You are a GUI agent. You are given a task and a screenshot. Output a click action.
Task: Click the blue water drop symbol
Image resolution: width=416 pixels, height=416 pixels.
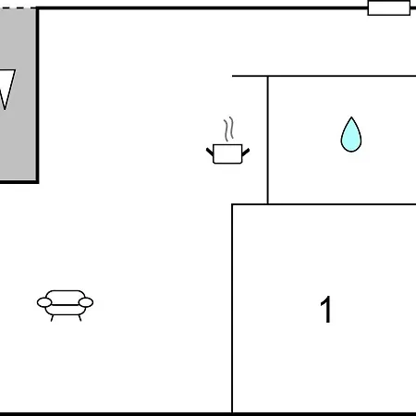[351, 135]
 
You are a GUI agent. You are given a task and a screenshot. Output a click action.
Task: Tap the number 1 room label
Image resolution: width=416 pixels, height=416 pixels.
[326, 309]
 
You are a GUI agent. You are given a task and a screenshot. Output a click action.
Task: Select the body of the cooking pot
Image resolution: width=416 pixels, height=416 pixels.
[227, 153]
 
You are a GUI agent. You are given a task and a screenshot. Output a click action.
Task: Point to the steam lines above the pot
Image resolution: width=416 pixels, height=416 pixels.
[229, 129]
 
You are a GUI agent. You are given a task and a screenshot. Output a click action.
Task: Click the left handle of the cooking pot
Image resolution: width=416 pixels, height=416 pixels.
[210, 152]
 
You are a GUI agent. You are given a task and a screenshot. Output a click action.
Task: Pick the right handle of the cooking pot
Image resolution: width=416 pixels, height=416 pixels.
[246, 152]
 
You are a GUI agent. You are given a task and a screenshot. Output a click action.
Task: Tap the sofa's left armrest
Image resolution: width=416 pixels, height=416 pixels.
[44, 302]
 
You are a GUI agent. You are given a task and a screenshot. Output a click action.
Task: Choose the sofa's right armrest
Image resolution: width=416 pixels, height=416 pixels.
[86, 302]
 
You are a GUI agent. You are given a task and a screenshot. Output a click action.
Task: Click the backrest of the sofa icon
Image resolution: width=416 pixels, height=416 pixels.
[66, 295]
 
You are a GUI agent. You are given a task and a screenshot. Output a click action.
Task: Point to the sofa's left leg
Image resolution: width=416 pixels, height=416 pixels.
[53, 318]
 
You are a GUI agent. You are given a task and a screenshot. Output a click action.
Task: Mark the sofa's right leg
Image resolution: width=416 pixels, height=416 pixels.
[80, 318]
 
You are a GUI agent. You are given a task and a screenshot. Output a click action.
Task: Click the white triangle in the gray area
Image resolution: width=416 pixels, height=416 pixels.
[6, 85]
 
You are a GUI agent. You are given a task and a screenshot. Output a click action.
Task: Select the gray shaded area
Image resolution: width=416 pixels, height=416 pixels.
[18, 94]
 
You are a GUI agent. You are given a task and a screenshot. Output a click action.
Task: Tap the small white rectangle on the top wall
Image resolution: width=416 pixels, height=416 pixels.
[389, 7]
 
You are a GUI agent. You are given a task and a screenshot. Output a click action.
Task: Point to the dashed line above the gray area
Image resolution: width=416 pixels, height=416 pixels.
[18, 7]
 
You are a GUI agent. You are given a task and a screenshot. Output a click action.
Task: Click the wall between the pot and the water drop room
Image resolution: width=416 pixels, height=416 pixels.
[268, 140]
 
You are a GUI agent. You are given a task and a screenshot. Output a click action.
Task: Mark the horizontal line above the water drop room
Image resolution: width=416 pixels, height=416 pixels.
[324, 76]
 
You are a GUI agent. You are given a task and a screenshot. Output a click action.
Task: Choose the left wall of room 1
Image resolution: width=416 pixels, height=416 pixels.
[232, 308]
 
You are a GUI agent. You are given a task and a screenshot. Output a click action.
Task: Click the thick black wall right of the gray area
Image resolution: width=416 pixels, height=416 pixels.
[37, 94]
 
